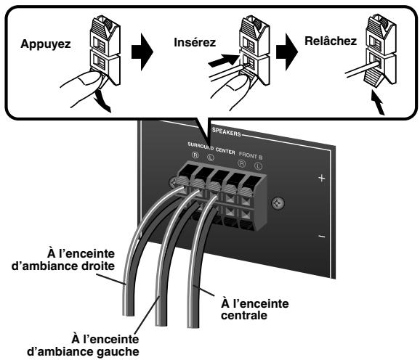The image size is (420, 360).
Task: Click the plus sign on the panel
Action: coord(321,179)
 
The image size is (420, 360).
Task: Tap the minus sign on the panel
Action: coord(321,237)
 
